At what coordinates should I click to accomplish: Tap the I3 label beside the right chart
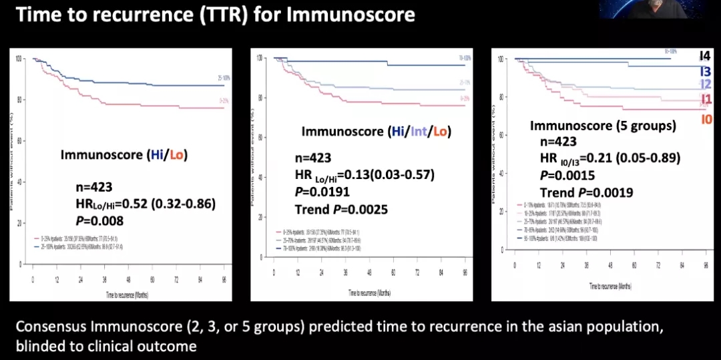coord(704,71)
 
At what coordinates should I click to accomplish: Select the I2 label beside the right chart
coord(704,84)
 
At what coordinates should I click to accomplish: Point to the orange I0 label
coord(706,120)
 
